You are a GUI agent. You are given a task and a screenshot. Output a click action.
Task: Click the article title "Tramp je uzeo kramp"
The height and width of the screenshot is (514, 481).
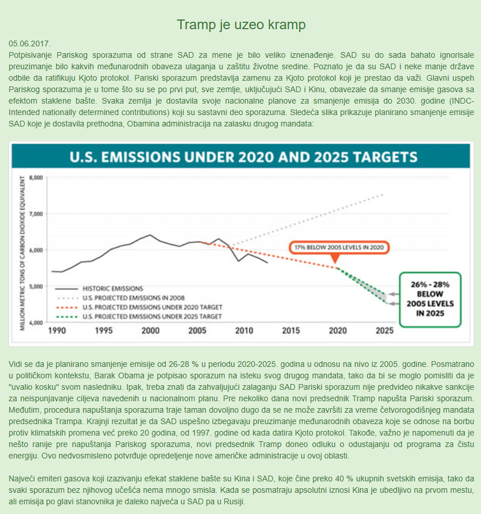(x=241, y=25)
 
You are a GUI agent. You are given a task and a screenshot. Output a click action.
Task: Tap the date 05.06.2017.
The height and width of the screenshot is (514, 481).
(x=30, y=44)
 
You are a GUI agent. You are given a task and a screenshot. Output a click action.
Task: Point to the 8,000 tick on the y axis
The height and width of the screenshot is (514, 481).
(x=35, y=177)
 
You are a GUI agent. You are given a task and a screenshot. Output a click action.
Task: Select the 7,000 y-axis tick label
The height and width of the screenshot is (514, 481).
(x=35, y=213)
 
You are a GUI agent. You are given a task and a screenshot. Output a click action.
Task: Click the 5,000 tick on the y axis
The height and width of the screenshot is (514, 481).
(x=35, y=286)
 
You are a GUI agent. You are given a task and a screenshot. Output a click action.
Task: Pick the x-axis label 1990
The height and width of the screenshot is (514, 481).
(x=57, y=331)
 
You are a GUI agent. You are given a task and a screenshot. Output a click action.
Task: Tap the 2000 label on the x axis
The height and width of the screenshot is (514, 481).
(x=150, y=331)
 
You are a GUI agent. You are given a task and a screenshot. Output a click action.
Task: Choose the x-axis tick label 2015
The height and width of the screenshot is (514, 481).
(x=291, y=331)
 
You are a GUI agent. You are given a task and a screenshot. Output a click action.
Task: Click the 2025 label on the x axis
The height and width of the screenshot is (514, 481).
(x=384, y=331)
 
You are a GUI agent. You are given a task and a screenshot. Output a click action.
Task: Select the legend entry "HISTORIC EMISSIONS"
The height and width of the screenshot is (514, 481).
(x=112, y=288)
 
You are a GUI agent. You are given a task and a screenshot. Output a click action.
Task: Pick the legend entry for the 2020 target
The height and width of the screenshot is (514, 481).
(x=151, y=307)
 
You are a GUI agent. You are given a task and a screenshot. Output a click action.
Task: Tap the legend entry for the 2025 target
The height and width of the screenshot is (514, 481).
(x=151, y=316)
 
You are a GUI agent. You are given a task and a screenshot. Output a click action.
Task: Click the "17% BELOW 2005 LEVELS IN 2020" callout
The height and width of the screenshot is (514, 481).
(x=339, y=248)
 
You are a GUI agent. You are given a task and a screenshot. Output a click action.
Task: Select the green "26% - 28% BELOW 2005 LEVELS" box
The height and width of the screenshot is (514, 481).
(x=430, y=299)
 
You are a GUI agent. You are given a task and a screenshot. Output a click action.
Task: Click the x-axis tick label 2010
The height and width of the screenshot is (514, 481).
(x=244, y=331)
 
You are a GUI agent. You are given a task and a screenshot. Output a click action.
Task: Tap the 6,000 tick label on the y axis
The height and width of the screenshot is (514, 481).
(x=35, y=250)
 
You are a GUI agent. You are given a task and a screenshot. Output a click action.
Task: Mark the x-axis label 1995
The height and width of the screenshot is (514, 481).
(x=104, y=331)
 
